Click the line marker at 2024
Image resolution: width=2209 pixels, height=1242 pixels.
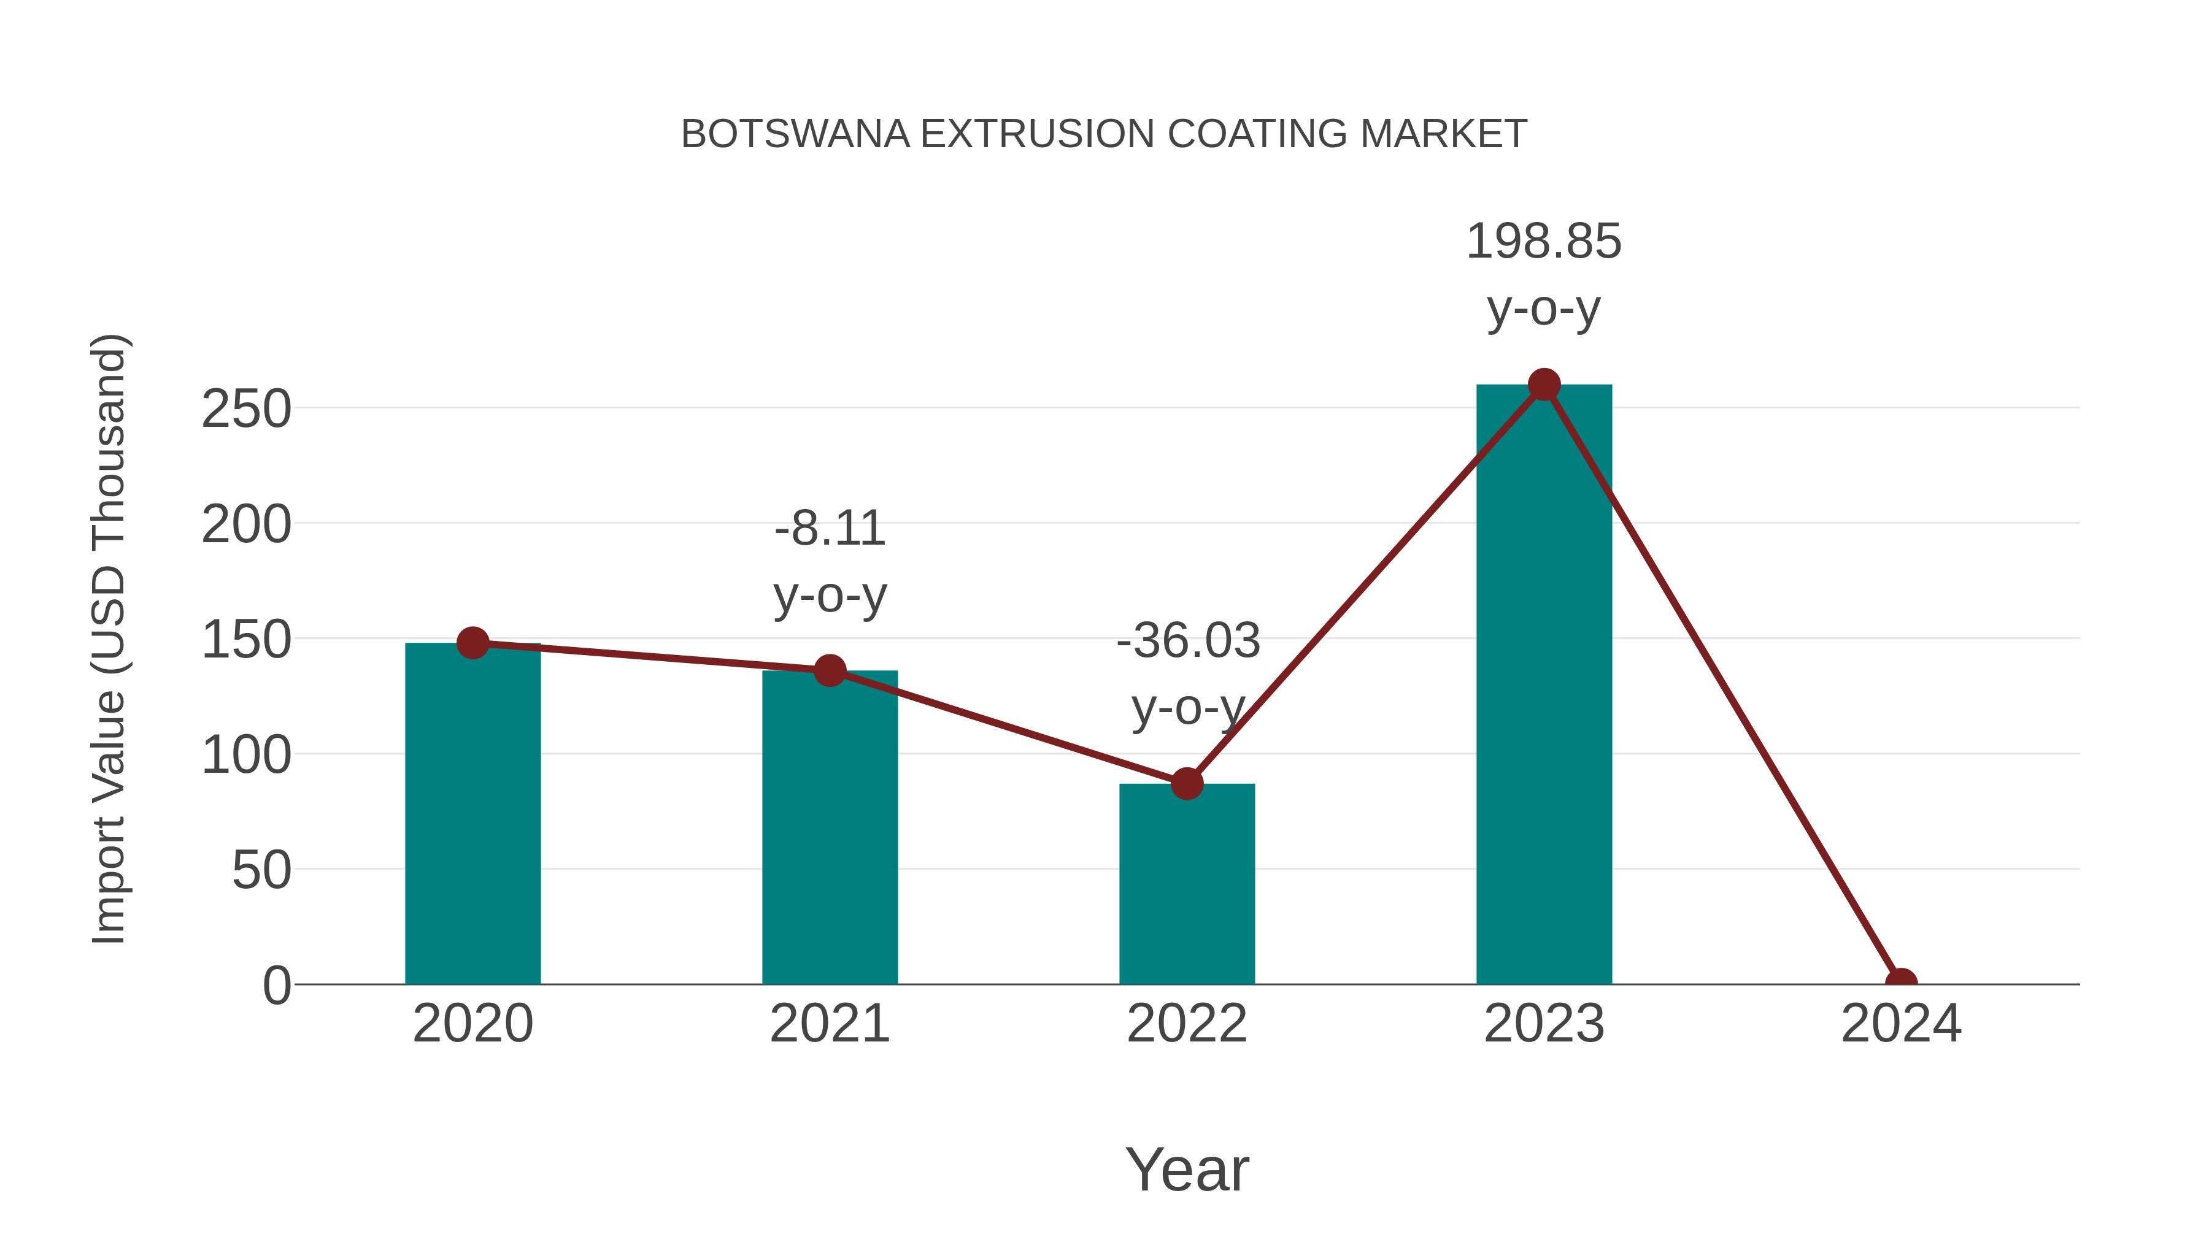(1900, 983)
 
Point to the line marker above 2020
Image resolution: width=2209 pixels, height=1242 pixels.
(472, 643)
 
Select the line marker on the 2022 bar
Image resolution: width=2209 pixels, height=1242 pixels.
(1187, 783)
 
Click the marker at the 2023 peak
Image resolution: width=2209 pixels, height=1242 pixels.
(1544, 385)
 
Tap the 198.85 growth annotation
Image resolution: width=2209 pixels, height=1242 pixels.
(1544, 242)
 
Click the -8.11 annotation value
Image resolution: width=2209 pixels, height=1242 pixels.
(829, 529)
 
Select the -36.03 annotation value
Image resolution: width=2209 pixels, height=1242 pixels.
(1189, 641)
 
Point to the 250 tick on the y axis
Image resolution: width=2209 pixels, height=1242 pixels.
(246, 409)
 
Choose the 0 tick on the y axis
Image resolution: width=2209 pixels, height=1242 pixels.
(276, 986)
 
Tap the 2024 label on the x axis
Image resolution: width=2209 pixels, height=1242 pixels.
(1900, 1024)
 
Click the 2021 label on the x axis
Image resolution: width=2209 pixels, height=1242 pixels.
(829, 1024)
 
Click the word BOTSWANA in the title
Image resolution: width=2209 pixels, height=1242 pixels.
(795, 134)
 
